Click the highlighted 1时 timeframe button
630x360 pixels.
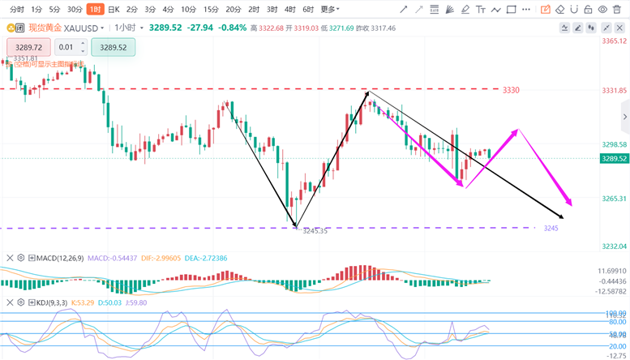[95, 10]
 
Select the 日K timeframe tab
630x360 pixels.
[114, 10]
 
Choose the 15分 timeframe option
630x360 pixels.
[211, 10]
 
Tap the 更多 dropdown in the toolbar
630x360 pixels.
[328, 10]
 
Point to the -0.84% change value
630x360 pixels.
[232, 28]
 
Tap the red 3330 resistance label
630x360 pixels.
[511, 90]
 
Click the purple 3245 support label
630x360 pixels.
[551, 228]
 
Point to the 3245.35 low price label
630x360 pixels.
[315, 231]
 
